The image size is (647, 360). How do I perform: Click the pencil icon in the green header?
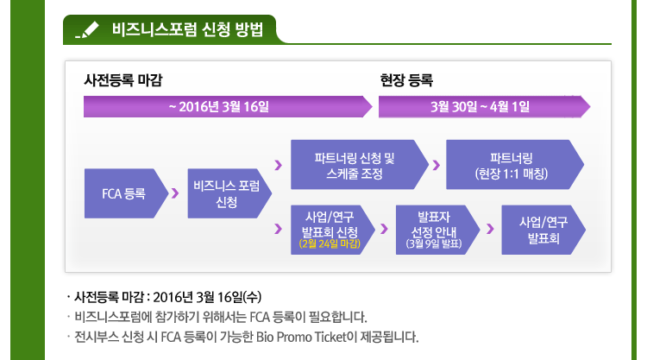[x=87, y=29]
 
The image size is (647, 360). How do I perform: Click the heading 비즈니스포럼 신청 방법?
[x=187, y=29]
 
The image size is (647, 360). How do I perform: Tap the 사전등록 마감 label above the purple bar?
[x=123, y=80]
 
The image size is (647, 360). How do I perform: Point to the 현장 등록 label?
[x=406, y=80]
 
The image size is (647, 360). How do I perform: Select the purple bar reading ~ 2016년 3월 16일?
[x=228, y=107]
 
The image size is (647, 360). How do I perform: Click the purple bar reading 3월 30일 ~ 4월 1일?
[x=485, y=107]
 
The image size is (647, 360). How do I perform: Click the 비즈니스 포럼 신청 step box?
[x=229, y=193]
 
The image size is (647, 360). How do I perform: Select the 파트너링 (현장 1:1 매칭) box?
[x=515, y=165]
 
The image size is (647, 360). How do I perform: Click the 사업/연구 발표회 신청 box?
[x=333, y=230]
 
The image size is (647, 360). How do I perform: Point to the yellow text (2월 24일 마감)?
[x=330, y=243]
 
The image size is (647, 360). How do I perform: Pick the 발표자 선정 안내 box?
[x=437, y=230]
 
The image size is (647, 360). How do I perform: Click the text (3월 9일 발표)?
[x=434, y=243]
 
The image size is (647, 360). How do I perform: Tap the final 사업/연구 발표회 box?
[x=543, y=230]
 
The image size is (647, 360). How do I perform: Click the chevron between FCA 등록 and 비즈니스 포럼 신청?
[x=175, y=193]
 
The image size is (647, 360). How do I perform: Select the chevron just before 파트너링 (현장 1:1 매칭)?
[x=437, y=165]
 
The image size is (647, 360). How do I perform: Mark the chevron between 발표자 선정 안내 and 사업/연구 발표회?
[x=490, y=229]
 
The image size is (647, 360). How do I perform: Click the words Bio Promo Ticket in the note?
[x=301, y=338]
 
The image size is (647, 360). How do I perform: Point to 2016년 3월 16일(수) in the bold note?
[x=207, y=297]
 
